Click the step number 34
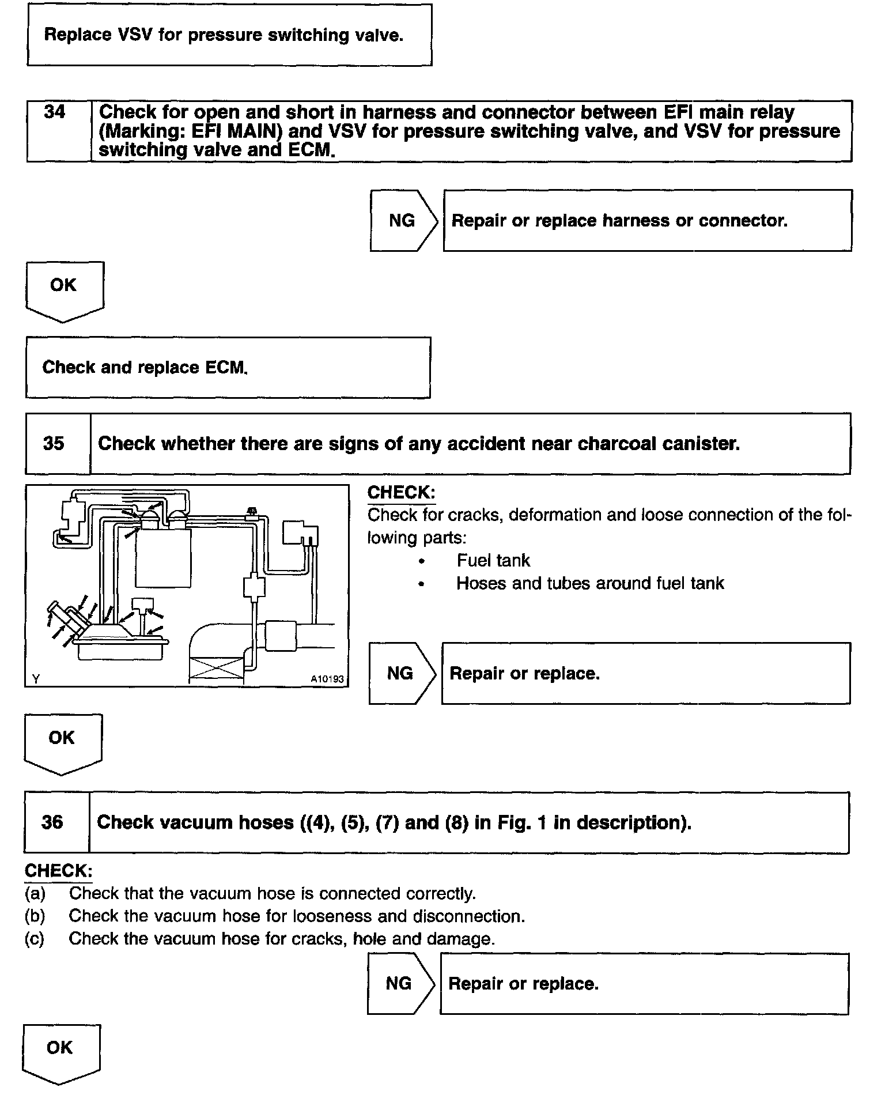(x=55, y=112)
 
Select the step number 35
(x=54, y=443)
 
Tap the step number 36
(x=52, y=822)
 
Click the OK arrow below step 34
(x=64, y=291)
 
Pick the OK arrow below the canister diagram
(x=62, y=743)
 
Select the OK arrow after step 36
(x=60, y=1054)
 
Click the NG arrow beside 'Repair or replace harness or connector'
(x=404, y=221)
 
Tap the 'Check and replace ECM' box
(x=228, y=368)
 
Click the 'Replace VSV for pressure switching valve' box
(x=229, y=35)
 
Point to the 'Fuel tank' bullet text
(x=493, y=560)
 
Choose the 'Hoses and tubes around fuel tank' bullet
(x=589, y=583)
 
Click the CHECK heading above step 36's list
(x=58, y=870)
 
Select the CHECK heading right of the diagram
(x=401, y=493)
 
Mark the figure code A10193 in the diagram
(x=327, y=679)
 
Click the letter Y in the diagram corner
(x=36, y=679)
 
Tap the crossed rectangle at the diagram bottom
(x=216, y=671)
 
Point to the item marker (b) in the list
(x=35, y=916)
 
